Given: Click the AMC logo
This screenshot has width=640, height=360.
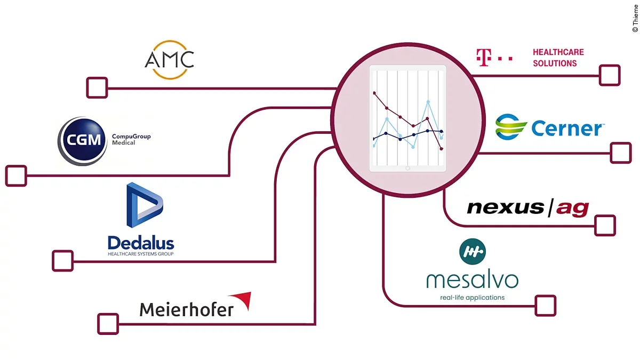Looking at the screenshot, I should (x=169, y=59).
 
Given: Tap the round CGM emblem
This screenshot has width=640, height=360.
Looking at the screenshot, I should (x=82, y=141).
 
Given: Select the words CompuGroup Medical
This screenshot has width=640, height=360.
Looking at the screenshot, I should (x=131, y=139).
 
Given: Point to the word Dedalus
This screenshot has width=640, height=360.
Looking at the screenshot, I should (x=141, y=243).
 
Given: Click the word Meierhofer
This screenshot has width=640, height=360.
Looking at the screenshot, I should (x=186, y=309).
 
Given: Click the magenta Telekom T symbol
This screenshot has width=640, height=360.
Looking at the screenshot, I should (x=483, y=58).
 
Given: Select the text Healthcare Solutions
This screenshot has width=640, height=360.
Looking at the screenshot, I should (x=558, y=58).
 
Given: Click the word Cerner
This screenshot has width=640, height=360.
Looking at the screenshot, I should (x=566, y=129).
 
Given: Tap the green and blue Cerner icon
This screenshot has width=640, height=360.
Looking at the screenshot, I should (x=511, y=127).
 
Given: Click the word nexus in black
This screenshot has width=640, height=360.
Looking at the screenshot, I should (x=505, y=207).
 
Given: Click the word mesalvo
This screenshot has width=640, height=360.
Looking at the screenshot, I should (x=472, y=279).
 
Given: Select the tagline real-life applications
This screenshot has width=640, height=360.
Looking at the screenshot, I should (x=472, y=297).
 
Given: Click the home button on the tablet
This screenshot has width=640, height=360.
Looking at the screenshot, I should (x=407, y=168).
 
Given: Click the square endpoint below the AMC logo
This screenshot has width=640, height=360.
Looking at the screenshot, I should (x=97, y=87).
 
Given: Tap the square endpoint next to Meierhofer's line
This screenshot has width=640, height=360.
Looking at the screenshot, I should (x=108, y=323).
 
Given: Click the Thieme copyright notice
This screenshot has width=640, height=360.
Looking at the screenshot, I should (x=635, y=16).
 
